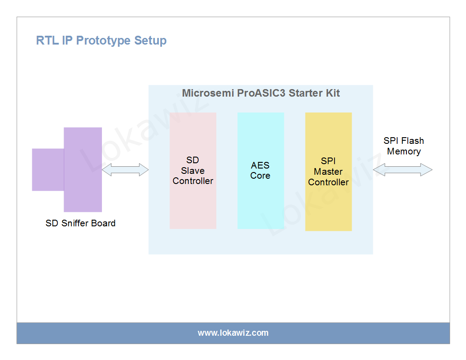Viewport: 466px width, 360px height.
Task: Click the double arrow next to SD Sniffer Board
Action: [125, 170]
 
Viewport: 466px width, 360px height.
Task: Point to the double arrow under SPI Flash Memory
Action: [402, 170]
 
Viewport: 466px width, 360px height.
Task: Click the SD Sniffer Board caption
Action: [80, 223]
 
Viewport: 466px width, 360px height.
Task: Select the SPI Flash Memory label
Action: [404, 146]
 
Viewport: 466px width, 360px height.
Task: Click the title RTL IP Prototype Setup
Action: [101, 41]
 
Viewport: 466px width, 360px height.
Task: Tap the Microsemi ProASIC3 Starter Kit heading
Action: [261, 94]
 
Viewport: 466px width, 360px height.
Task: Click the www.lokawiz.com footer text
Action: [233, 333]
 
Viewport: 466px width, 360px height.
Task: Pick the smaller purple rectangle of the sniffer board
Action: [48, 170]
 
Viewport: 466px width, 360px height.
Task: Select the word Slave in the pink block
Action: [193, 171]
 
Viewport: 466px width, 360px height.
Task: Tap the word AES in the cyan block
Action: [260, 165]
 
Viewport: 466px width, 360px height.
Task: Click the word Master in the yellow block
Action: [328, 172]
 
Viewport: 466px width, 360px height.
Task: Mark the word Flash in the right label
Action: [413, 141]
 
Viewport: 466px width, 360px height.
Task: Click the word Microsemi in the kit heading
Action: [208, 94]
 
